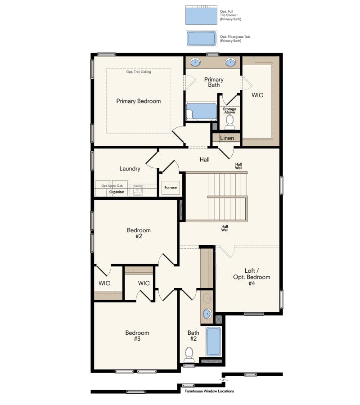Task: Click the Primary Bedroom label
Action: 138,101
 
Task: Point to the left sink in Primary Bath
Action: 195,63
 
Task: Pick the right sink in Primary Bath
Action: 231,63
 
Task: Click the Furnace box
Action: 171,187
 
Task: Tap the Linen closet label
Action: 227,138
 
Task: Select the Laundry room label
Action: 130,169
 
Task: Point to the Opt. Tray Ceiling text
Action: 139,72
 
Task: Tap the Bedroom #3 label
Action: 137,336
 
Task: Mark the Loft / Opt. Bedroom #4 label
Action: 252,277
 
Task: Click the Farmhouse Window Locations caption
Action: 209,391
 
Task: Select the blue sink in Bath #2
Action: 207,314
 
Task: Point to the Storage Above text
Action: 229,111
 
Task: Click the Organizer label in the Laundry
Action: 117,192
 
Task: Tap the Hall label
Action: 205,159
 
